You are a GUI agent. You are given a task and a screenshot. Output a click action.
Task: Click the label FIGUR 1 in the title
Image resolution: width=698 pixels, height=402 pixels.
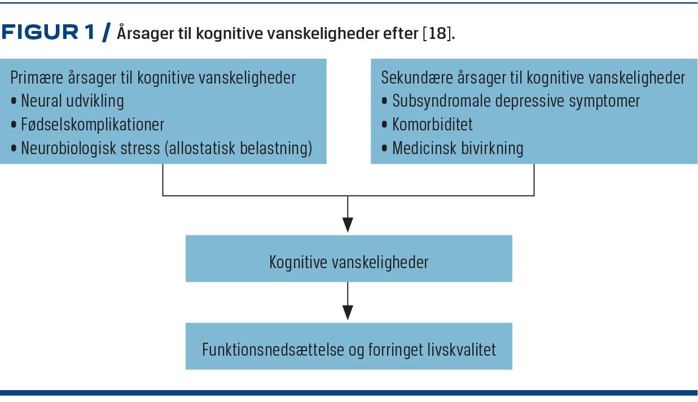click(x=48, y=32)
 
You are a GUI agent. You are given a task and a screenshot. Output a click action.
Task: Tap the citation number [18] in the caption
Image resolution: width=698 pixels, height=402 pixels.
click(x=437, y=33)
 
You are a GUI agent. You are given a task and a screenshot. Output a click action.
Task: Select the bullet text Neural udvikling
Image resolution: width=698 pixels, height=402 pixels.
click(x=72, y=102)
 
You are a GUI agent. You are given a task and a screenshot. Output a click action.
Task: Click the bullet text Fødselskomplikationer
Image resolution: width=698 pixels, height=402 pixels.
click(x=93, y=124)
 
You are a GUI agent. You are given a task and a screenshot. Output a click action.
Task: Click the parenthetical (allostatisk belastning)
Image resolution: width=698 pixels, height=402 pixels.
click(x=238, y=148)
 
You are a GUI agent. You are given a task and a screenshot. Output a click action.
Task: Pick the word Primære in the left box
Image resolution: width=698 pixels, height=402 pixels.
click(x=37, y=78)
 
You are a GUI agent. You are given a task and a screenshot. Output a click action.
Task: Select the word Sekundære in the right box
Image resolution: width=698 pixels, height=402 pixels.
click(x=417, y=78)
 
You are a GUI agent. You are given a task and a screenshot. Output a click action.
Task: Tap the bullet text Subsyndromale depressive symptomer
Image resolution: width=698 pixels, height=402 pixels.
click(x=516, y=101)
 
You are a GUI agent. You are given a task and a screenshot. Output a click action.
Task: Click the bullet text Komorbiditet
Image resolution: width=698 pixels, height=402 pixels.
click(x=432, y=124)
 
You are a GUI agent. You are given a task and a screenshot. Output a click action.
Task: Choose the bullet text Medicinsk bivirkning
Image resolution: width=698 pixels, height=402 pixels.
click(x=458, y=148)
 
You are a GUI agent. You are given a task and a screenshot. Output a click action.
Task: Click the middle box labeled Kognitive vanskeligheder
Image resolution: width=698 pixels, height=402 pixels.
click(x=349, y=259)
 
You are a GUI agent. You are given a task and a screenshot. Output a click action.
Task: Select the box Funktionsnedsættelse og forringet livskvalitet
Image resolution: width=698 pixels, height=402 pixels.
click(x=349, y=346)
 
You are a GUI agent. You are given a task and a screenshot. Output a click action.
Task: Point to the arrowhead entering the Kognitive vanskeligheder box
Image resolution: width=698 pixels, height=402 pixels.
click(x=348, y=225)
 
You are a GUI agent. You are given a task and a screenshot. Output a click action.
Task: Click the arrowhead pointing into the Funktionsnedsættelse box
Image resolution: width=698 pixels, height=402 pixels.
click(x=348, y=313)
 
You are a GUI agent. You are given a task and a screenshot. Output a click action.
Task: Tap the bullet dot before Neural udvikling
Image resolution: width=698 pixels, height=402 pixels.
click(x=14, y=101)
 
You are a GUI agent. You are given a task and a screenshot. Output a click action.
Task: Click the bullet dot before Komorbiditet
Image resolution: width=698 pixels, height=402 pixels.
click(x=384, y=124)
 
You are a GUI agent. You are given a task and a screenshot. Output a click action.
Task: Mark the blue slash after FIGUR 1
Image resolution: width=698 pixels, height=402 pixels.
click(x=106, y=32)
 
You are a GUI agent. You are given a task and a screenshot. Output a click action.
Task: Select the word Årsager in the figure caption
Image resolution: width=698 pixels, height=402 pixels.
click(x=145, y=33)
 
